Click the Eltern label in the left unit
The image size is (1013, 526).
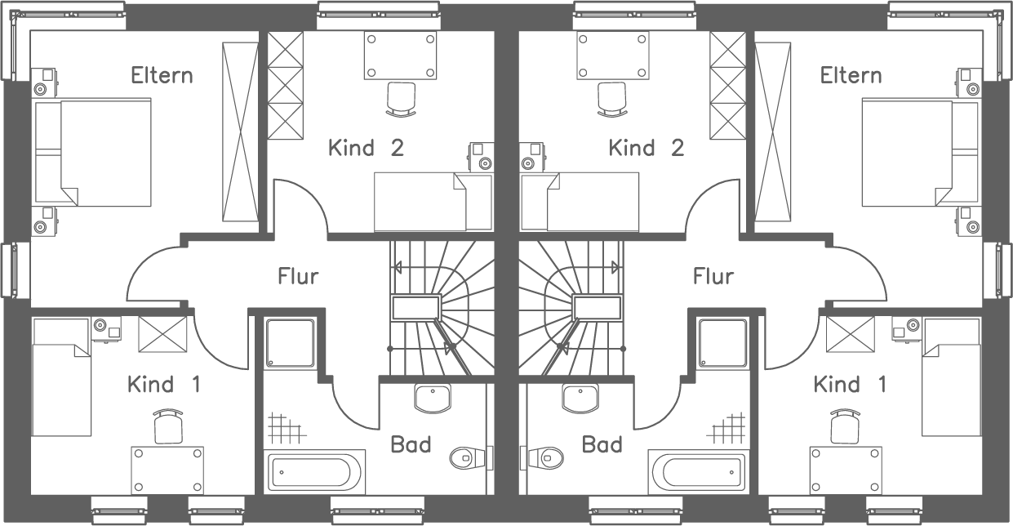162,75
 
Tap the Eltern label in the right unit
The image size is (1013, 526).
851,75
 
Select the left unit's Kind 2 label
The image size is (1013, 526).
366,148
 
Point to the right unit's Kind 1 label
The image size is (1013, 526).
849,384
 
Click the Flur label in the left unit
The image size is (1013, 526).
298,276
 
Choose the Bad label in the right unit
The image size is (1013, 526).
602,445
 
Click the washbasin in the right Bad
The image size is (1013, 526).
581,398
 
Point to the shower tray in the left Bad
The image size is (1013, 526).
291,344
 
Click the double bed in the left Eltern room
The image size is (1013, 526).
93,152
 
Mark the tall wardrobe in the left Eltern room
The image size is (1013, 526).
240,131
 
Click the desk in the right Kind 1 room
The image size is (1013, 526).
846,470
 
